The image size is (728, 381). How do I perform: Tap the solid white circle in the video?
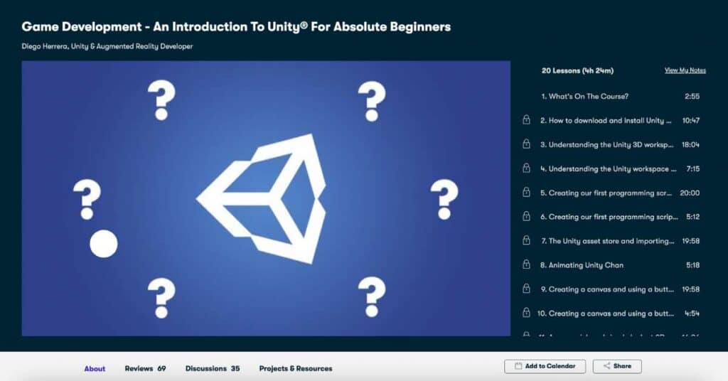[103, 244]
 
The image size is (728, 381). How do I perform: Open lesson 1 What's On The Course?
[584, 96]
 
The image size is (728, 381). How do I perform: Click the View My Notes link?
[685, 70]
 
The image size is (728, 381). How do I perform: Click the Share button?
[617, 366]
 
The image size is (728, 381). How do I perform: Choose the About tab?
[95, 368]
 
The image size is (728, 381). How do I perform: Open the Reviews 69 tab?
[145, 368]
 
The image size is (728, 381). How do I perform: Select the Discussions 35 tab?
[212, 368]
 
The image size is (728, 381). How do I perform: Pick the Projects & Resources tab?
[295, 368]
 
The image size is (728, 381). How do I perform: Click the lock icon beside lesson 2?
[526, 120]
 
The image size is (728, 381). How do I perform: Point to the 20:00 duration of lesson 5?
[690, 193]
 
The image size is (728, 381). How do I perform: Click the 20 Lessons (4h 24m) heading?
[577, 70]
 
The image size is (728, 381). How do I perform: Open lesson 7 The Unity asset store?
[607, 241]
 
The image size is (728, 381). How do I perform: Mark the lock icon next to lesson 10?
[526, 313]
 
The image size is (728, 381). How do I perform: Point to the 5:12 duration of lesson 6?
[692, 217]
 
